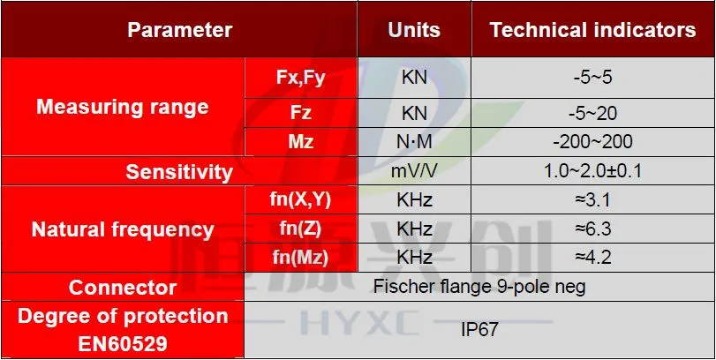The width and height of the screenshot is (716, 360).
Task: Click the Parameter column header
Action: (179, 30)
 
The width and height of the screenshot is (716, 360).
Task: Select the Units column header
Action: (414, 30)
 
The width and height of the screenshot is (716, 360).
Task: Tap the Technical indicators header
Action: (592, 30)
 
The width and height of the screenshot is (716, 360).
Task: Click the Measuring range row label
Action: (123, 107)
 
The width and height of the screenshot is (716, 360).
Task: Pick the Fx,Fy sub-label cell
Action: (300, 78)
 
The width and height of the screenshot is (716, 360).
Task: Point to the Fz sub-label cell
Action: (301, 113)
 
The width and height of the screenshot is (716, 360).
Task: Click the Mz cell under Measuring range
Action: (301, 142)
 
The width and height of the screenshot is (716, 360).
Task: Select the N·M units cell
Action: (414, 142)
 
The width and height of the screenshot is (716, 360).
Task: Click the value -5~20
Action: (592, 113)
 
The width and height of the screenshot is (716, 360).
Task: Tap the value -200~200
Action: (592, 142)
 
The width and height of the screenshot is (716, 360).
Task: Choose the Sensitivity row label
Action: (179, 172)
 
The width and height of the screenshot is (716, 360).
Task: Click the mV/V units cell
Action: (414, 171)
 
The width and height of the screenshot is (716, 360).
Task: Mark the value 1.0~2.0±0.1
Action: (592, 171)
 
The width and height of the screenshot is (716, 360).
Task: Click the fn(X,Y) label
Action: (300, 200)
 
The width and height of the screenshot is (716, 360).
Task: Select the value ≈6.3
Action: (592, 229)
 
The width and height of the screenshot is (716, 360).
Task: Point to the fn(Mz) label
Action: (300, 259)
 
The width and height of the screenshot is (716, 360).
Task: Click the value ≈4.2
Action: (592, 258)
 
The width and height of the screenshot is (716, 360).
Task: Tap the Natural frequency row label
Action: (123, 229)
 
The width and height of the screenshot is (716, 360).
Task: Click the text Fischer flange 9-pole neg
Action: (479, 287)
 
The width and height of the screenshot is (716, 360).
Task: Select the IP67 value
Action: (479, 330)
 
